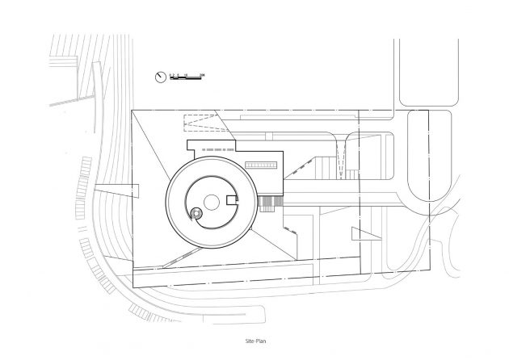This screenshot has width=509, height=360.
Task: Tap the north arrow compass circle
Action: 161,77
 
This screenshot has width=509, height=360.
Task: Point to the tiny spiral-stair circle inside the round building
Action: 195,214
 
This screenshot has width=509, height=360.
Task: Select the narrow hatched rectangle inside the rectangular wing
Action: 260,165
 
